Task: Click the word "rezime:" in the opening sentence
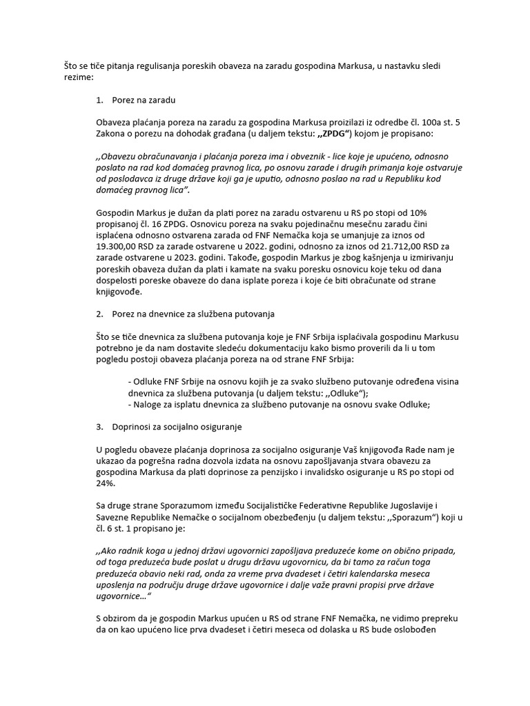(79, 79)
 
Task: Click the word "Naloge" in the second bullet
(150, 404)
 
